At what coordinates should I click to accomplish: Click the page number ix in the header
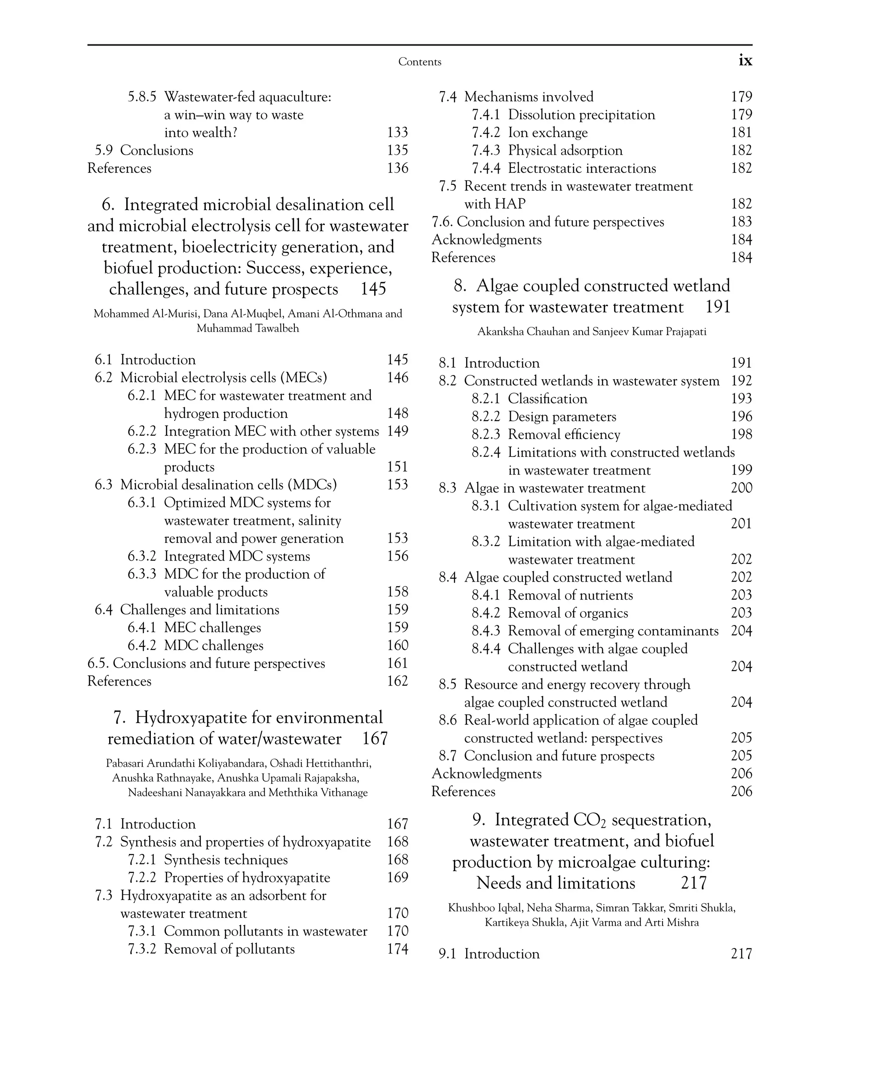745,61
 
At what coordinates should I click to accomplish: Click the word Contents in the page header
419,62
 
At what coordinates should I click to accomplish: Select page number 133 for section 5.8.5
397,132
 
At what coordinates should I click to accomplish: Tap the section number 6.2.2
141,431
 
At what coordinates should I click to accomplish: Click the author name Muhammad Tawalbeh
247,329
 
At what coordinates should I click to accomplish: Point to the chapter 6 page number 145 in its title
373,289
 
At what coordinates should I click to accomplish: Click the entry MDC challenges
214,646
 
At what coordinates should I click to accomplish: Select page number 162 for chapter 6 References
397,681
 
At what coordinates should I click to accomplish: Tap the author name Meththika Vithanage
318,792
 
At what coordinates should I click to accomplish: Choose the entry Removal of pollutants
229,949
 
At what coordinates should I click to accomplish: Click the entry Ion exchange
547,133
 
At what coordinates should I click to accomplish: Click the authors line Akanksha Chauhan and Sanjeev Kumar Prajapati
592,332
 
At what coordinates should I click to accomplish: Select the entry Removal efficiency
564,435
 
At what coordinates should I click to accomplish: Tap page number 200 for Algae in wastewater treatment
741,488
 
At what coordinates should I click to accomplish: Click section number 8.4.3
485,631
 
